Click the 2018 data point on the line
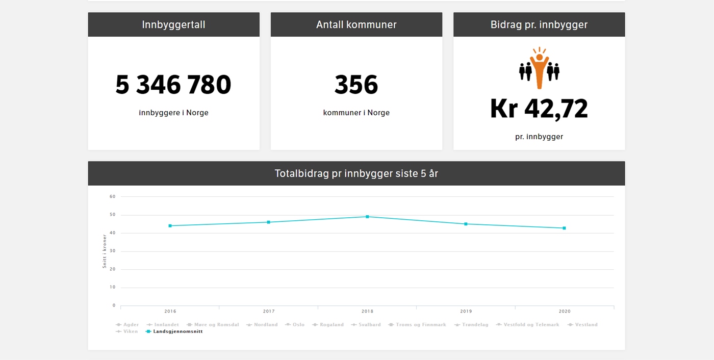tap(367, 217)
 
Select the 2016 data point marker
tap(170, 225)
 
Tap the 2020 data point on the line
tap(564, 228)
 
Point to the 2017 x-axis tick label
tap(269, 311)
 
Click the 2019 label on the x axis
tap(466, 311)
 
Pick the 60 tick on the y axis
tap(113, 196)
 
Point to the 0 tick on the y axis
tap(114, 305)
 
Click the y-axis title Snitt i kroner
tap(105, 251)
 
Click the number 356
tap(356, 85)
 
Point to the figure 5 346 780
tap(173, 85)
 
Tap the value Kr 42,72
tap(539, 109)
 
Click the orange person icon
tap(539, 68)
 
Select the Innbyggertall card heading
tap(173, 24)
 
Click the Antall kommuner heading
tap(356, 24)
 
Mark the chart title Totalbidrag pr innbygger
tap(356, 173)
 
